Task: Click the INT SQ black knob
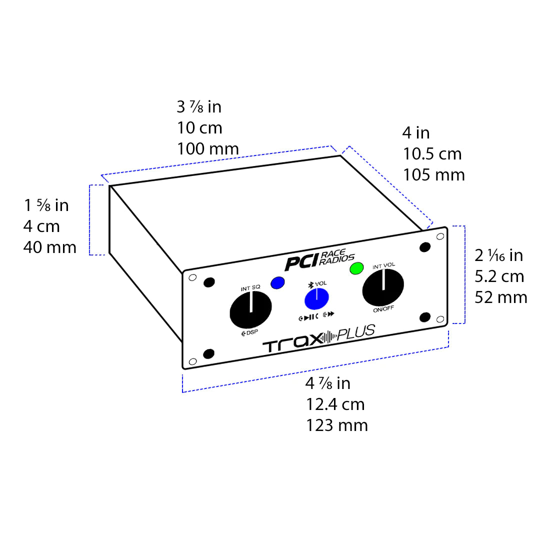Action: (x=250, y=310)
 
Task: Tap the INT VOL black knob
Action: (x=383, y=288)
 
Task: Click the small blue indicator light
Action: (x=277, y=282)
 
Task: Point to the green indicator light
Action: (x=356, y=268)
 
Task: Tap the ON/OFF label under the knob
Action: (x=383, y=309)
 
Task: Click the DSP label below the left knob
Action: (x=250, y=332)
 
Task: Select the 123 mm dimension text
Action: (x=337, y=425)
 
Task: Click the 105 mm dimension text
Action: (x=433, y=174)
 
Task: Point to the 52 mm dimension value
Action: (x=501, y=297)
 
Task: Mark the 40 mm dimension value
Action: (x=49, y=247)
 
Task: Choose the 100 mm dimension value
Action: (x=207, y=148)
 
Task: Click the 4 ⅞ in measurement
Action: (x=328, y=383)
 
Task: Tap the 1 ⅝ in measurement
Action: (x=46, y=205)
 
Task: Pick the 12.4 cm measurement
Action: (x=335, y=404)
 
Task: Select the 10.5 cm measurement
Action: (x=432, y=153)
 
